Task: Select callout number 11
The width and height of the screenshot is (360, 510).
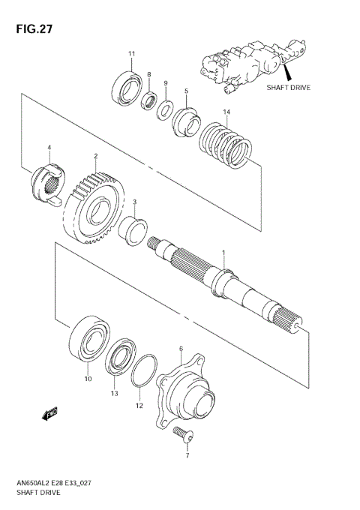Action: tap(131, 53)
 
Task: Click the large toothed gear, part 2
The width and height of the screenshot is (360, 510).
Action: tap(95, 203)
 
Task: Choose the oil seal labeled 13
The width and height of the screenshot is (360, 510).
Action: tap(118, 359)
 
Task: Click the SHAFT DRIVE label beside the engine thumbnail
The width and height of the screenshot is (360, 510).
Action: tap(288, 87)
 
